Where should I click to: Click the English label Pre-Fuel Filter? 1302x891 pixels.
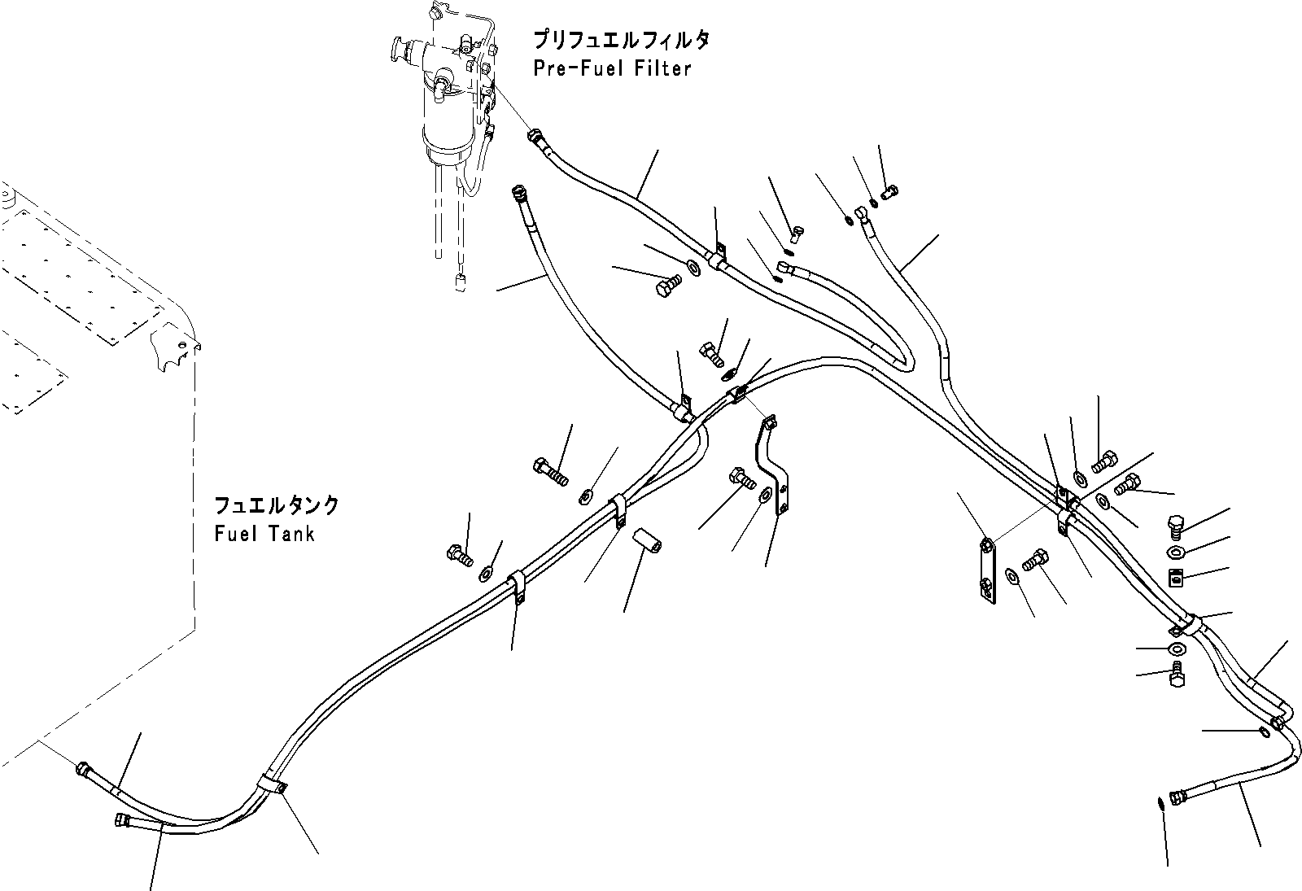(612, 68)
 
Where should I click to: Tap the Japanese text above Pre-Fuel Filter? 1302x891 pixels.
(622, 40)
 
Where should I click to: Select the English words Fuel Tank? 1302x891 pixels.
(264, 534)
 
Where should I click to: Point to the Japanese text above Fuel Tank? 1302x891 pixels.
(277, 505)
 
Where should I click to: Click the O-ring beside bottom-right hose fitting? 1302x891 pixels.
(1160, 803)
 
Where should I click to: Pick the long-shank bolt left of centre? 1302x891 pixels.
(551, 470)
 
